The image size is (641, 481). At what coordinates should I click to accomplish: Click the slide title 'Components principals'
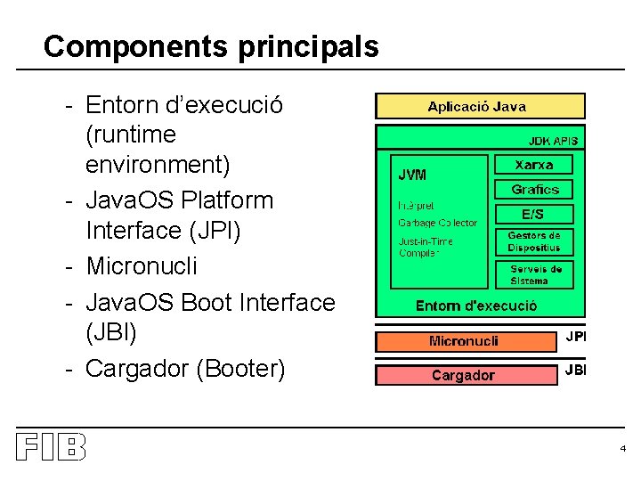tap(211, 46)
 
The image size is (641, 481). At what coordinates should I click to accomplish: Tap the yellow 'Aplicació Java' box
tap(480, 107)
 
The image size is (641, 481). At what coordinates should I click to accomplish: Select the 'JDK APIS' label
tap(553, 141)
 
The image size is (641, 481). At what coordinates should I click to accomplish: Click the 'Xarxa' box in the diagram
tap(534, 165)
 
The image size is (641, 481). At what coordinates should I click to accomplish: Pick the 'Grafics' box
tap(534, 190)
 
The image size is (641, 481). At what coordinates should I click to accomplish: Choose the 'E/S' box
tap(534, 214)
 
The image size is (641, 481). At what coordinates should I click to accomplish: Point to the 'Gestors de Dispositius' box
tap(534, 242)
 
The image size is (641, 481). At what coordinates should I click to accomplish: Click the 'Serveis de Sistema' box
tap(535, 274)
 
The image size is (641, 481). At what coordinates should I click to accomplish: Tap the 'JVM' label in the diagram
tap(411, 175)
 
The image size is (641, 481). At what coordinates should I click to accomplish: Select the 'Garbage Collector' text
tap(437, 223)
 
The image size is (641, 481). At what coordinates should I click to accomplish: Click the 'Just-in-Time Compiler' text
tap(426, 247)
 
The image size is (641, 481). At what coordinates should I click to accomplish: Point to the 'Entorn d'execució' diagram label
tap(476, 306)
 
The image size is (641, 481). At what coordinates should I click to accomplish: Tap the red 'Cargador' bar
tap(463, 375)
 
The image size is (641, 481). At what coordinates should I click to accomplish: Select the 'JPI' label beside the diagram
tap(576, 337)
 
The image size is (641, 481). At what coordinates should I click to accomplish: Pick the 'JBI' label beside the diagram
tap(576, 370)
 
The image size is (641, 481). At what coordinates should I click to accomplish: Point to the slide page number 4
tap(623, 448)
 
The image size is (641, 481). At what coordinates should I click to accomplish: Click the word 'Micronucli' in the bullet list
tap(142, 266)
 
